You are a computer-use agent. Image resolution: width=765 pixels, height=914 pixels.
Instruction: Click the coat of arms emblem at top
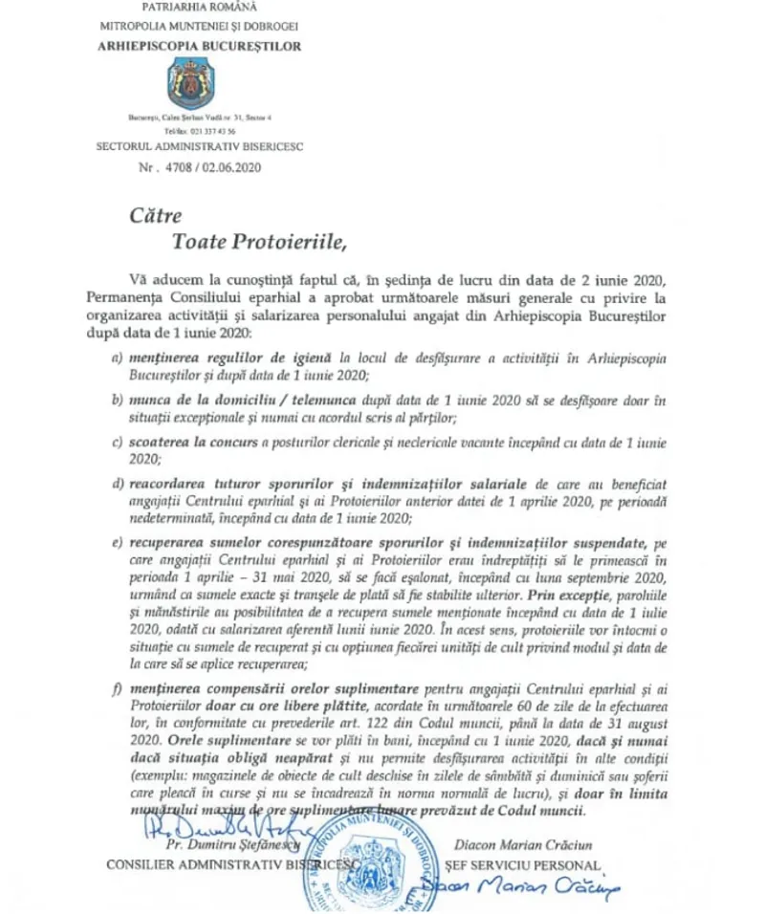[x=198, y=82]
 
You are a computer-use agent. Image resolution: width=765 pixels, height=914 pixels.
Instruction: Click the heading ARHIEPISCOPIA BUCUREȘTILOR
[x=198, y=46]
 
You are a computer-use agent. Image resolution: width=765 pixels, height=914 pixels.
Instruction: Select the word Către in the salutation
[x=155, y=216]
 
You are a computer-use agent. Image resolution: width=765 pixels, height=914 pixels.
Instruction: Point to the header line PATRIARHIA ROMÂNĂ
[x=198, y=8]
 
